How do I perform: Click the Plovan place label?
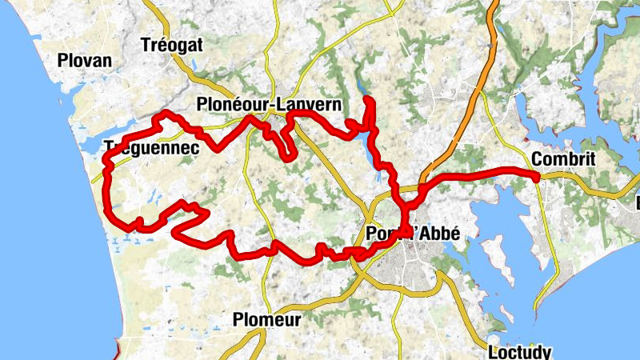(85, 60)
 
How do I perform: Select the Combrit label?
(563, 159)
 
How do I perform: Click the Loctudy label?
(519, 351)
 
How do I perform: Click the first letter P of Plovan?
(63, 60)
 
